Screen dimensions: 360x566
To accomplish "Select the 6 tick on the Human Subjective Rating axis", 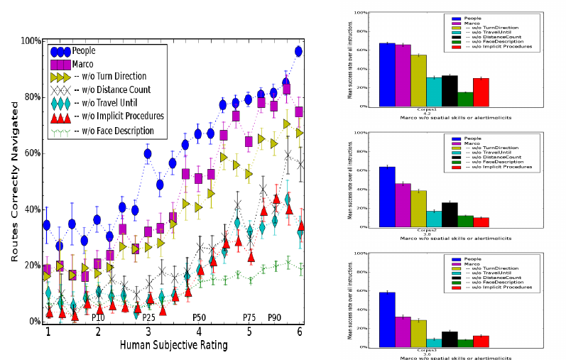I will [300, 332].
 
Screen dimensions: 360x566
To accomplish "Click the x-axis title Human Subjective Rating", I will [175, 346].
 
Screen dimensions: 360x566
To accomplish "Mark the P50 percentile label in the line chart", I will [200, 317].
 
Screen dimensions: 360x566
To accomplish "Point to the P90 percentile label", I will [275, 317].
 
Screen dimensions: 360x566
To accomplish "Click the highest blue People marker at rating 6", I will [298, 51].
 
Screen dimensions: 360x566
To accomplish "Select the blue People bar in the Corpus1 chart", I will [387, 75].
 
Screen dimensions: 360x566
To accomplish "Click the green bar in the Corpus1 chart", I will [464, 99].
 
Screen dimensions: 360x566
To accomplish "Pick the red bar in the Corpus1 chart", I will [481, 92].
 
